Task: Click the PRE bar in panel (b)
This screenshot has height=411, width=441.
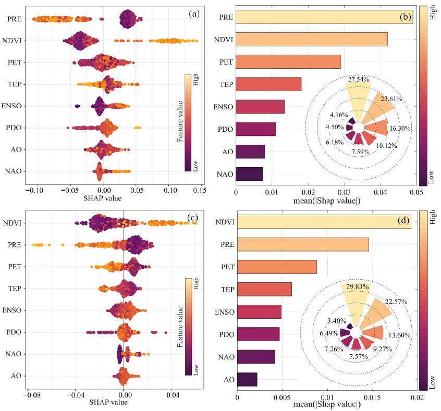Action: coord(324,17)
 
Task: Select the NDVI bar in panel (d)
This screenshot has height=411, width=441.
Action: coord(323,221)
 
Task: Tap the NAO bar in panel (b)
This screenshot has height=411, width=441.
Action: coord(249,173)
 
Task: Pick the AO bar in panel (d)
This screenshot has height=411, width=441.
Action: coord(247,379)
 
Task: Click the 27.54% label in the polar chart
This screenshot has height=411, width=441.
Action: coord(359,79)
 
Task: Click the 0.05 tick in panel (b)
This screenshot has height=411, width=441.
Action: coord(416,192)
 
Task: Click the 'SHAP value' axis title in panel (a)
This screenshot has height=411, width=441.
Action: coord(103,198)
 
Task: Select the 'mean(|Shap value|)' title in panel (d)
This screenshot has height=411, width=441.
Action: coord(327,404)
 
